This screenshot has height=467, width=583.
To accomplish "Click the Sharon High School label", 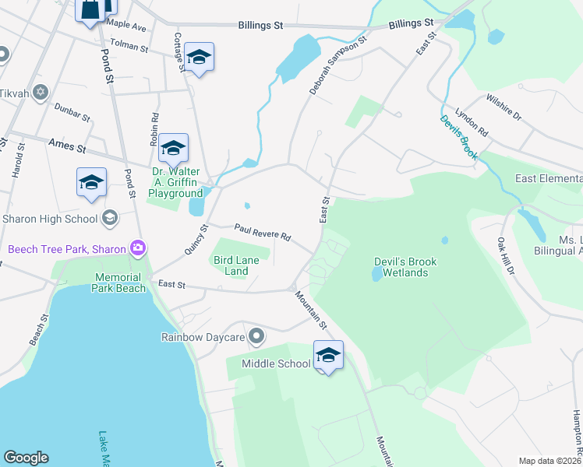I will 51,217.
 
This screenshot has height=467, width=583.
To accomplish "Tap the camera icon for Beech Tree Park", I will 138,248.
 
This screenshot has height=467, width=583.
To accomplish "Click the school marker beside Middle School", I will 328,356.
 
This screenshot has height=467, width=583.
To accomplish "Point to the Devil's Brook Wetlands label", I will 400,266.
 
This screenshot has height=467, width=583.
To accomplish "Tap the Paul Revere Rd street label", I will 263,232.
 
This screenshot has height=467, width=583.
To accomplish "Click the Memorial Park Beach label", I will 119,283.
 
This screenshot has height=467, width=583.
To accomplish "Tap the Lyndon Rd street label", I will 472,122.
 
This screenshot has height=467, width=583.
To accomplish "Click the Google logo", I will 26,458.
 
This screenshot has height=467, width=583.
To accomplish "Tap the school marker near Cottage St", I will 200,58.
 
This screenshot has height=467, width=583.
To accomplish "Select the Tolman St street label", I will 129,47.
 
